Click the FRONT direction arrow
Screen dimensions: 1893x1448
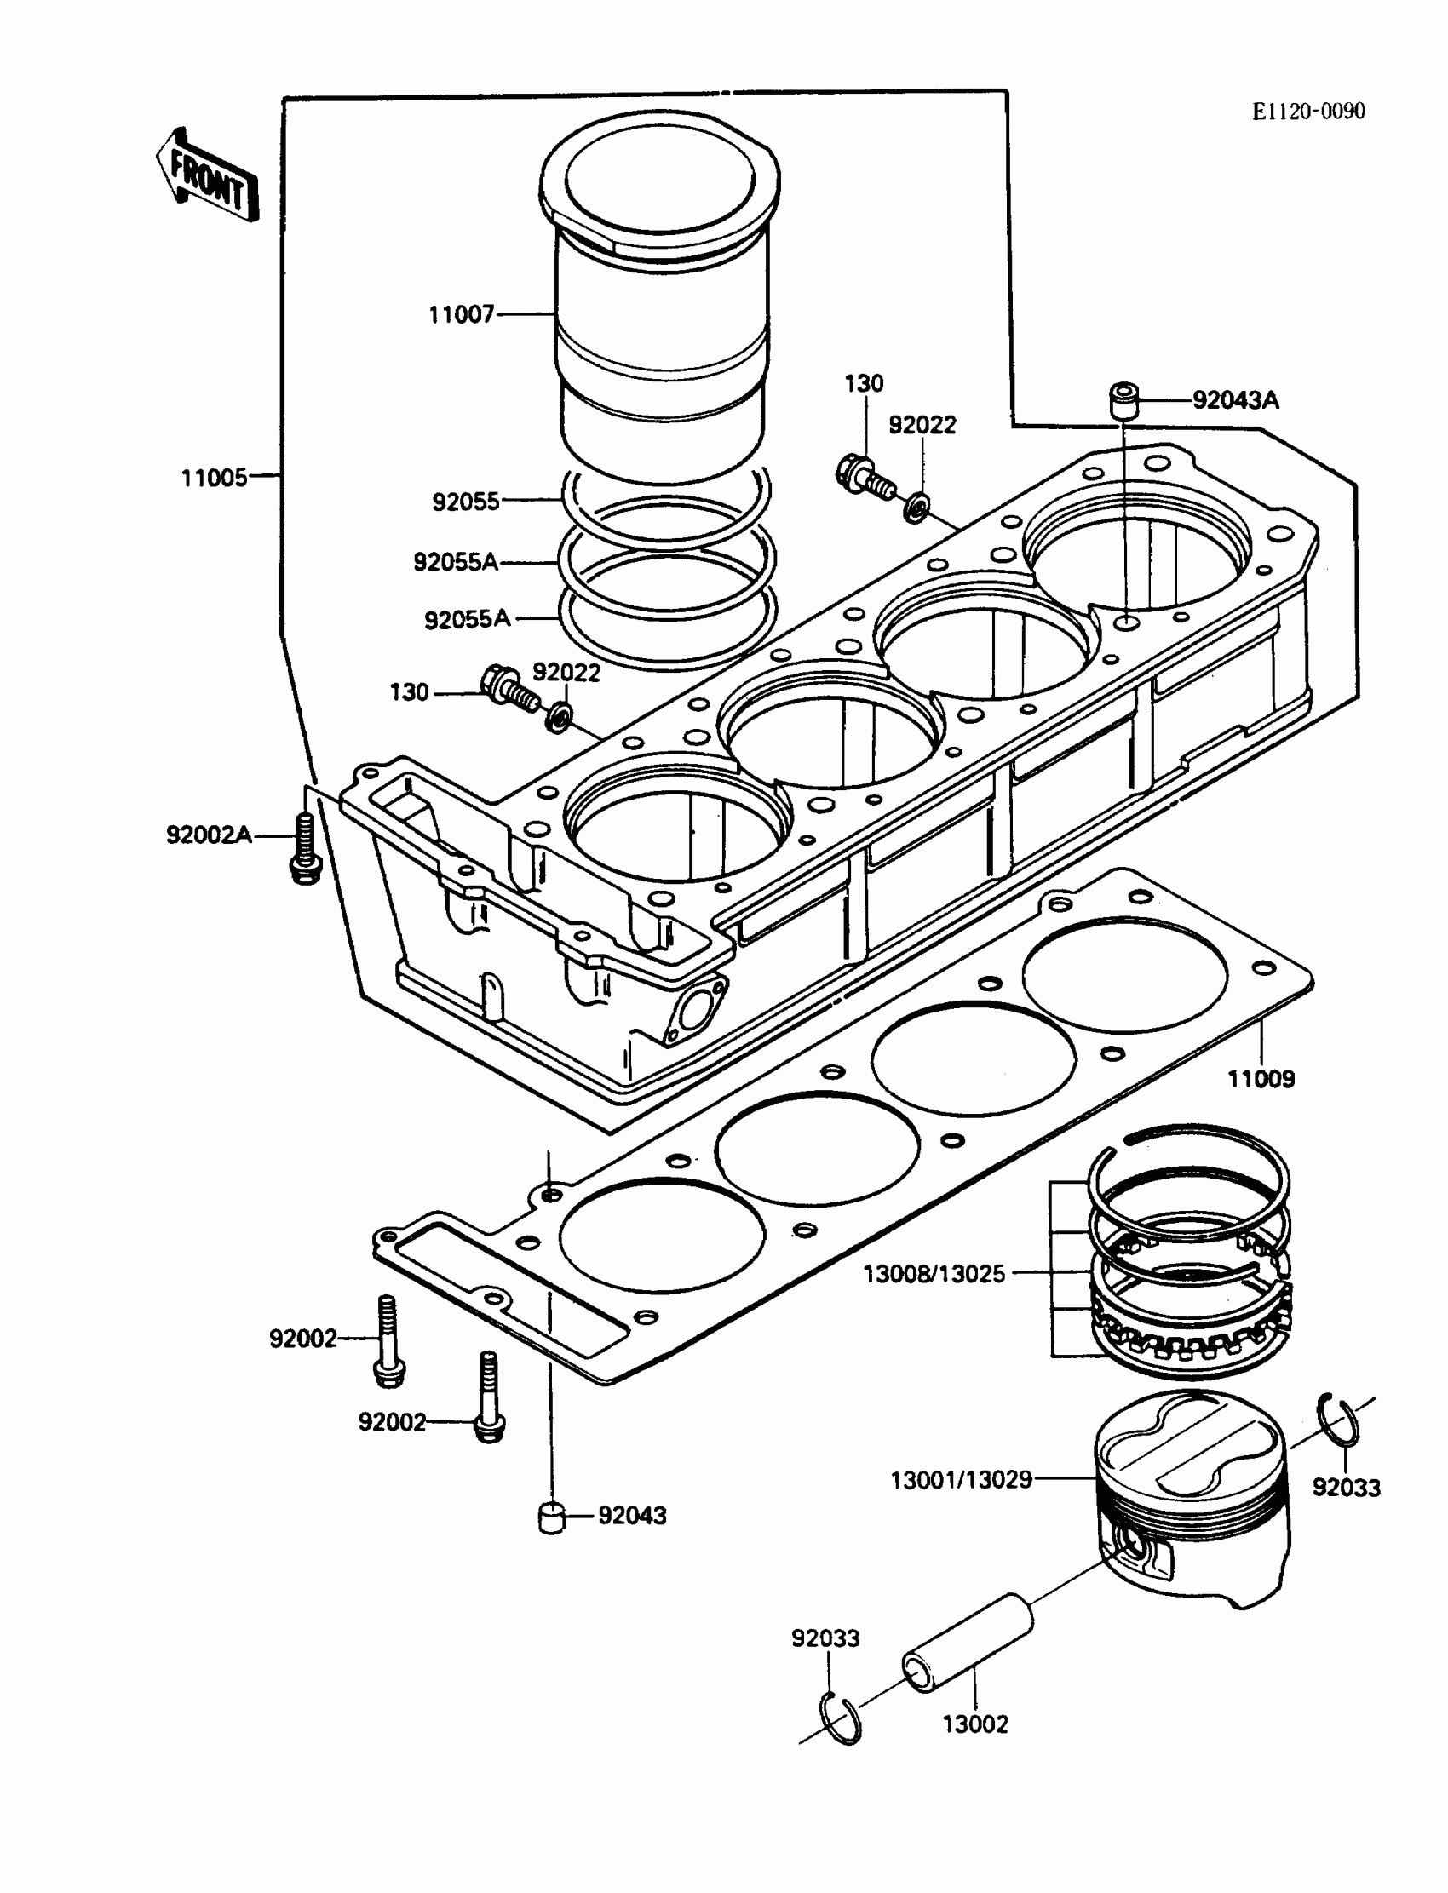(x=208, y=176)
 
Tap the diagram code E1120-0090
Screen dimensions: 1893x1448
(x=1308, y=112)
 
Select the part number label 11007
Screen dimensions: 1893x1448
(x=462, y=314)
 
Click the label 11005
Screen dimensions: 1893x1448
(x=214, y=478)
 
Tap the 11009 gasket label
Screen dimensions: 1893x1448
(x=1261, y=1079)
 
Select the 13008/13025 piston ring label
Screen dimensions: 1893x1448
(x=934, y=1272)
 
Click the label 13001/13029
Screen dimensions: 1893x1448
(x=961, y=1480)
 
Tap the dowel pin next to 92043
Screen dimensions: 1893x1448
(x=550, y=1517)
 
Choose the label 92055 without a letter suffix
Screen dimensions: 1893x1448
(x=465, y=502)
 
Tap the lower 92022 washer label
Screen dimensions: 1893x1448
(x=566, y=672)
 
